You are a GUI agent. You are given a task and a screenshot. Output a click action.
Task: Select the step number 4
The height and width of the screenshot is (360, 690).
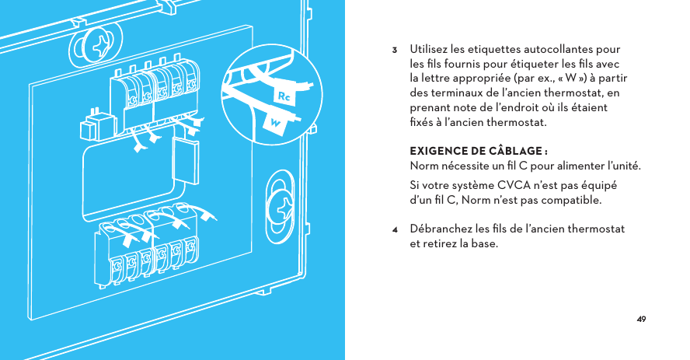[x=395, y=230]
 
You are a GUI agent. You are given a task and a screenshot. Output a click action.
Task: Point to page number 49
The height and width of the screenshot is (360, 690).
[x=641, y=319]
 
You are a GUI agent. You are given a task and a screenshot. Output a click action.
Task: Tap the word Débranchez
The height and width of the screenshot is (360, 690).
[x=441, y=229]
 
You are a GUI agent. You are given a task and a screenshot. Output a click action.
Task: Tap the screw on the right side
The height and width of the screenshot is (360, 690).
[x=282, y=207]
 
